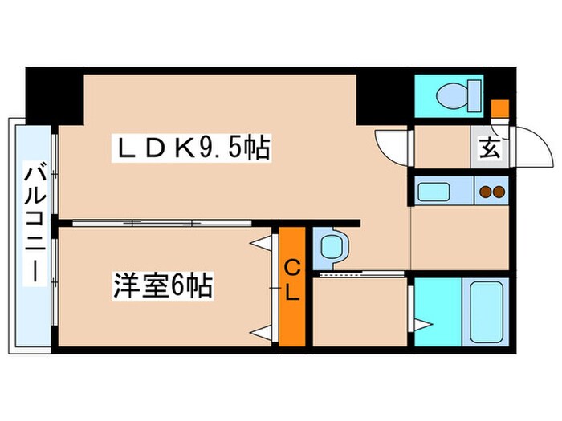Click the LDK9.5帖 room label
[193, 149]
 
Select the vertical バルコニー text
[34, 221]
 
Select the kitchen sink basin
[438, 192]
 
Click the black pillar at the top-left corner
[54, 95]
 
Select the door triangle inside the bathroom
[423, 324]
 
